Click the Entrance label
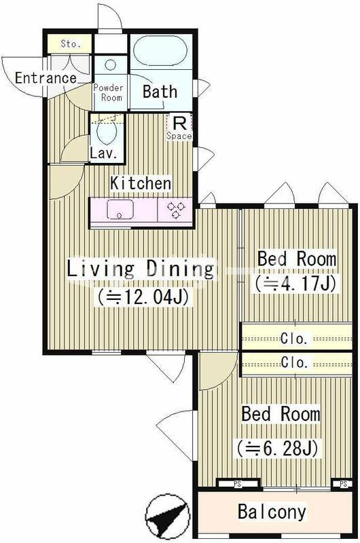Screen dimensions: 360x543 click(x=46, y=78)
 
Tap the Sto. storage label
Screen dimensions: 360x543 click(x=71, y=43)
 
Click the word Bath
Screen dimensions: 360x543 click(x=160, y=92)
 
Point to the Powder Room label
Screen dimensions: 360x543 click(x=109, y=93)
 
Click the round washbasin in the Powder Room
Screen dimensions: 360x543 click(x=111, y=64)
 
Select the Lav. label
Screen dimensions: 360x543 click(x=103, y=153)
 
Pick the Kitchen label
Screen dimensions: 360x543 click(x=141, y=183)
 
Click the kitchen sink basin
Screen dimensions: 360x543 click(x=120, y=209)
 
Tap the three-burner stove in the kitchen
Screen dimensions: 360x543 click(x=176, y=210)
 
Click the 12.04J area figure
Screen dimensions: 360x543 click(x=143, y=297)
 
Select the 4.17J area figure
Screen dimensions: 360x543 click(x=295, y=284)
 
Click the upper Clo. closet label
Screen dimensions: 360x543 click(x=295, y=338)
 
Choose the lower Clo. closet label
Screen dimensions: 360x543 click(x=295, y=362)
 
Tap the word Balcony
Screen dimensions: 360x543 click(x=272, y=512)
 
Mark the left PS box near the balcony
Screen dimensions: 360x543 click(x=238, y=484)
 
